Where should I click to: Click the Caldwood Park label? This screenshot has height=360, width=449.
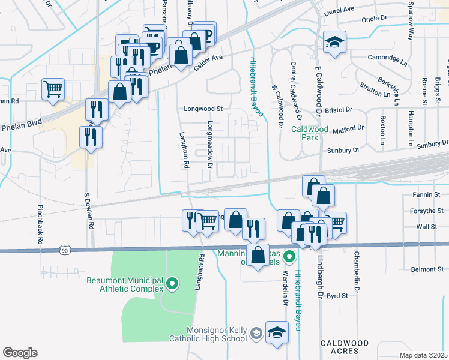(309, 133)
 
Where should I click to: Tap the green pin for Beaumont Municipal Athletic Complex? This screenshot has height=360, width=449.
(172, 282)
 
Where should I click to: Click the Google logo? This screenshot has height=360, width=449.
(20, 352)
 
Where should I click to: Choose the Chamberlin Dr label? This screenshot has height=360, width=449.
(357, 274)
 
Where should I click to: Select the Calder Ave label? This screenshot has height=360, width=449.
(209, 62)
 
